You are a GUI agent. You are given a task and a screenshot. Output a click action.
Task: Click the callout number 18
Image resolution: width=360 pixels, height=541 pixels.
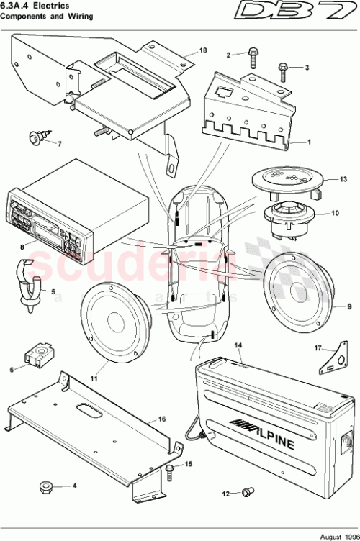(203, 50)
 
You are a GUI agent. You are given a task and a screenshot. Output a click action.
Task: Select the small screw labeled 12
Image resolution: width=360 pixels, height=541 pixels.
(248, 513)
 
